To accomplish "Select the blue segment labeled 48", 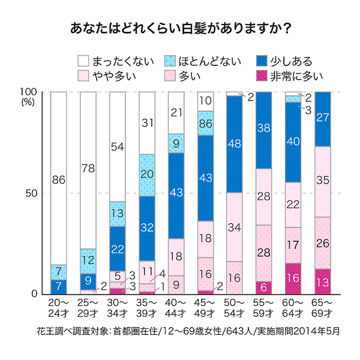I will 235,144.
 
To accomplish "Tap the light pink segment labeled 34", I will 235,227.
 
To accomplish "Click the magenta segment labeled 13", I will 323,281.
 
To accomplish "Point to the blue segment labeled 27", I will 323,119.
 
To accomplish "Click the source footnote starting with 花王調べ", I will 180,331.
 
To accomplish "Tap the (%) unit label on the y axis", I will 29,102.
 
